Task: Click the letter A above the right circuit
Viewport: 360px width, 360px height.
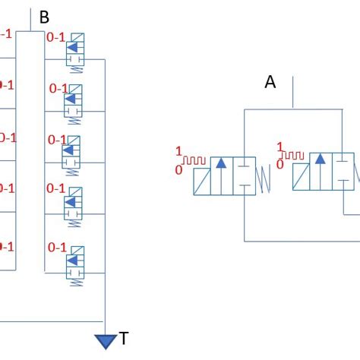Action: (x=270, y=83)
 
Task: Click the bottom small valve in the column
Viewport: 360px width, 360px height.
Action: (x=74, y=264)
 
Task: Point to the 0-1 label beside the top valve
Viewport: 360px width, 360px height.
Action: (x=57, y=37)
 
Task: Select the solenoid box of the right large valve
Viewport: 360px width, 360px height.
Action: (x=301, y=178)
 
